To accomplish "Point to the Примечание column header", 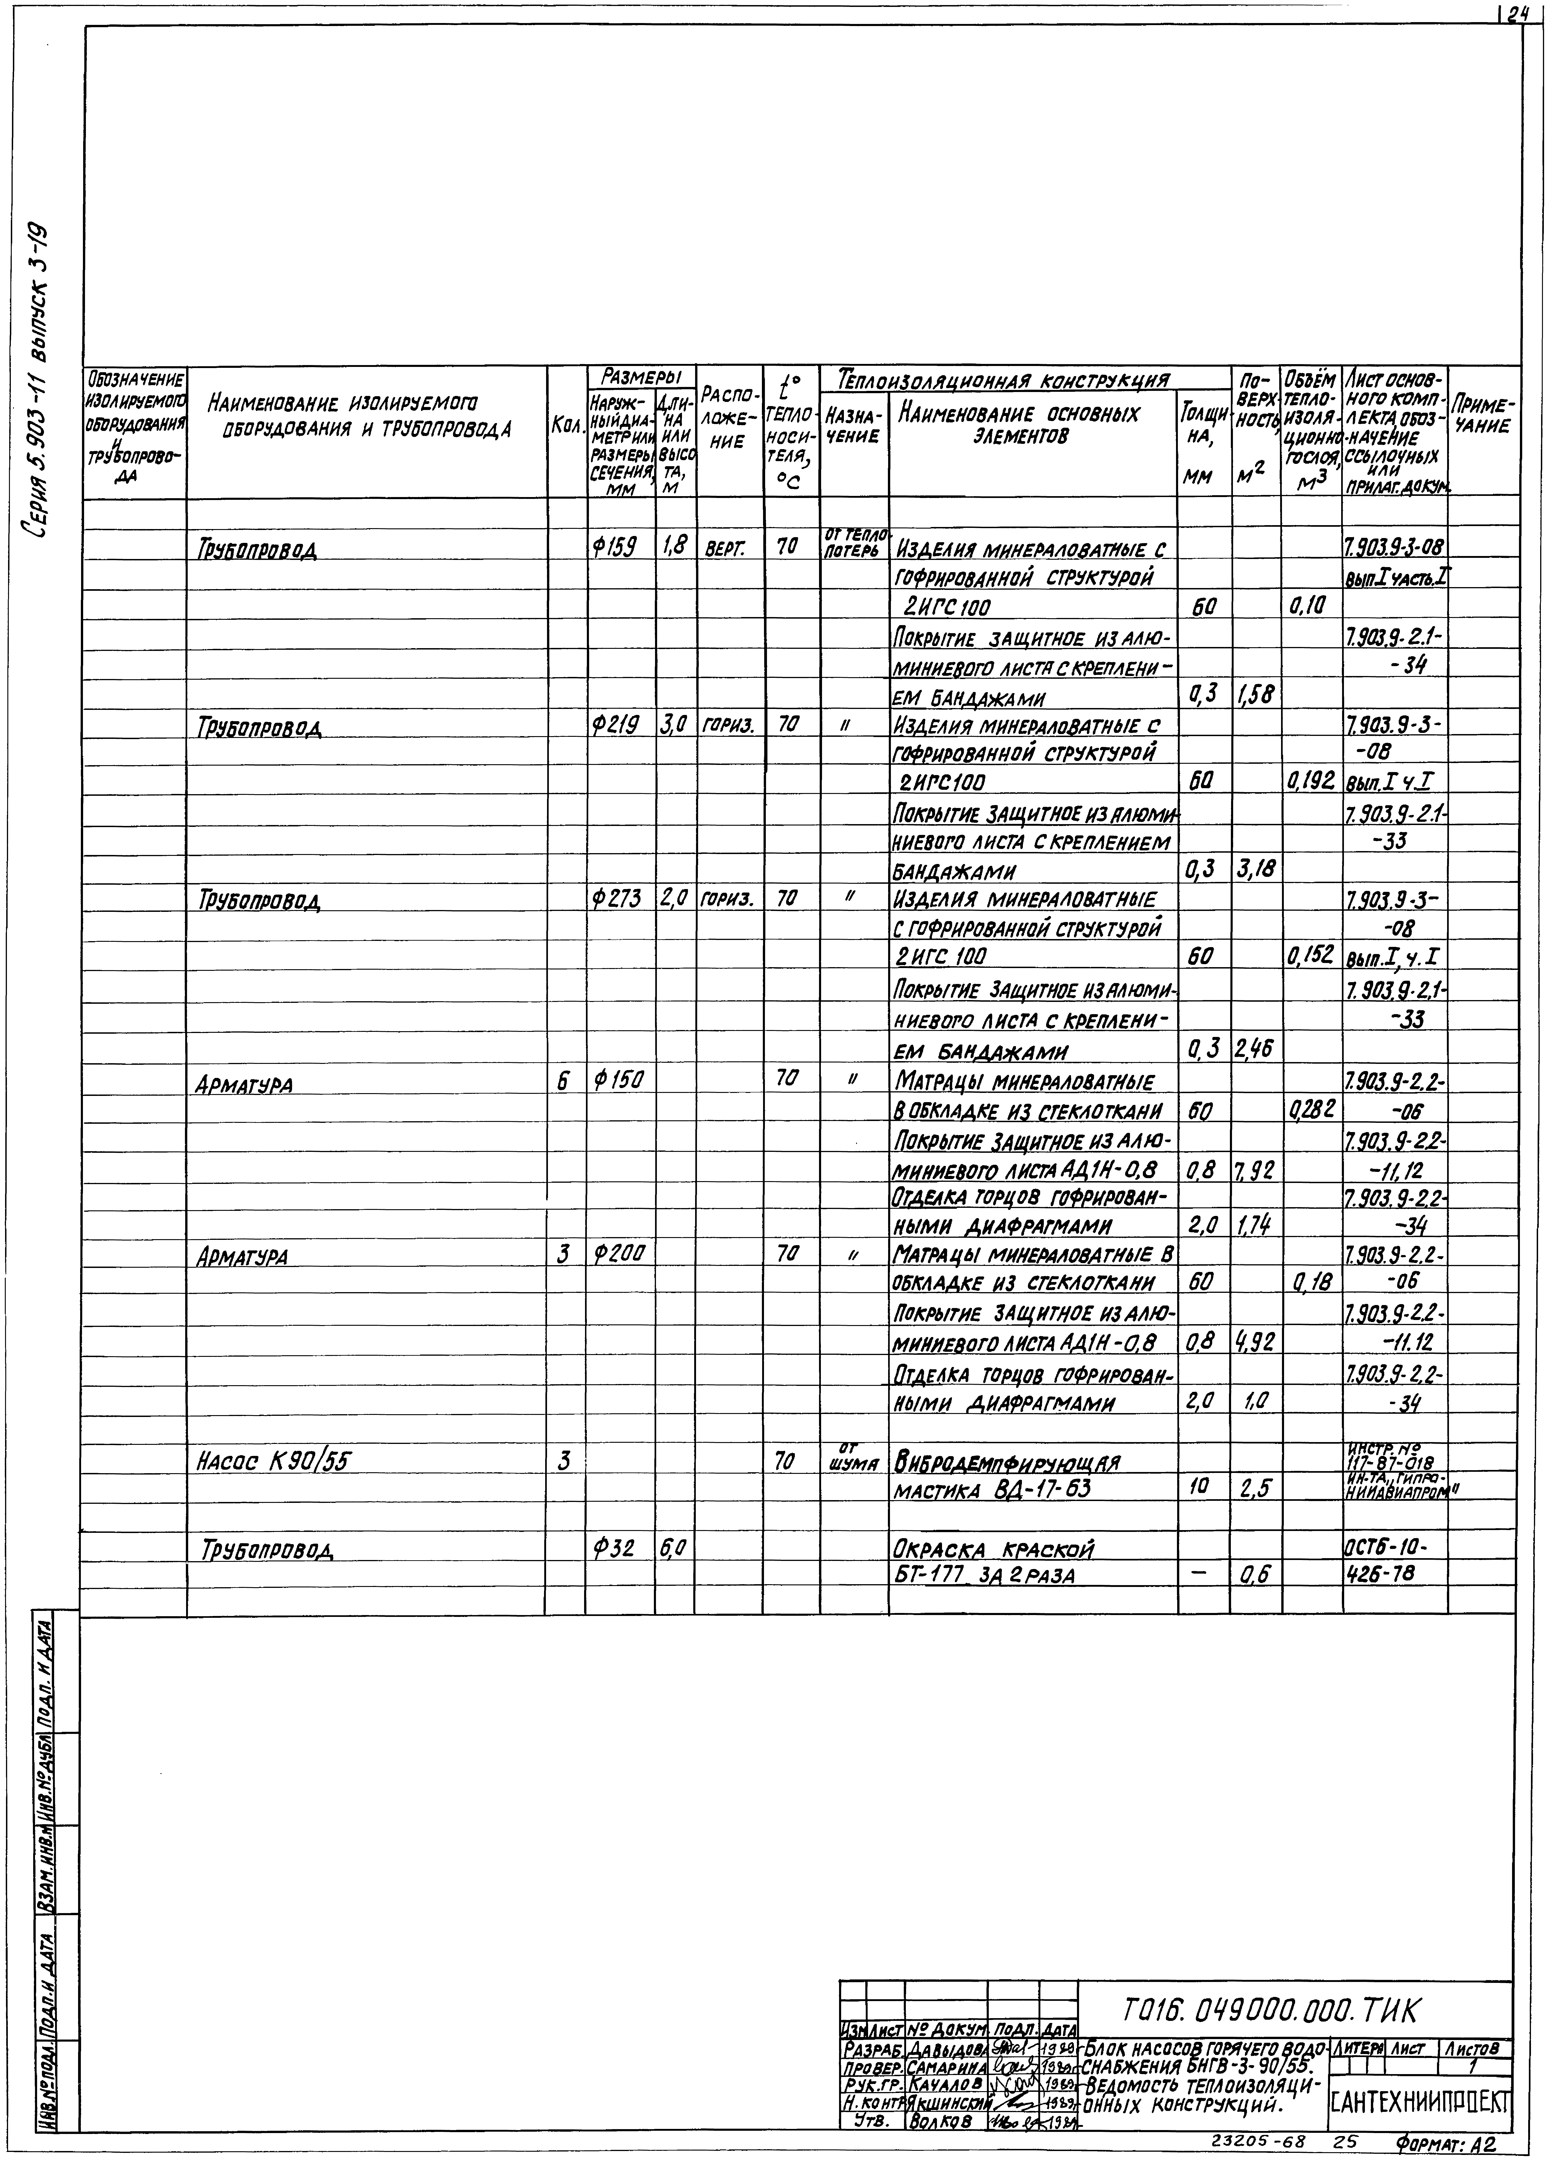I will pyautogui.click(x=1481, y=417).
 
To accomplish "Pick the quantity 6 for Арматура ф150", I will pyautogui.click(x=564, y=1080).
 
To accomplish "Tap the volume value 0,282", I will pyautogui.click(x=1311, y=1109).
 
